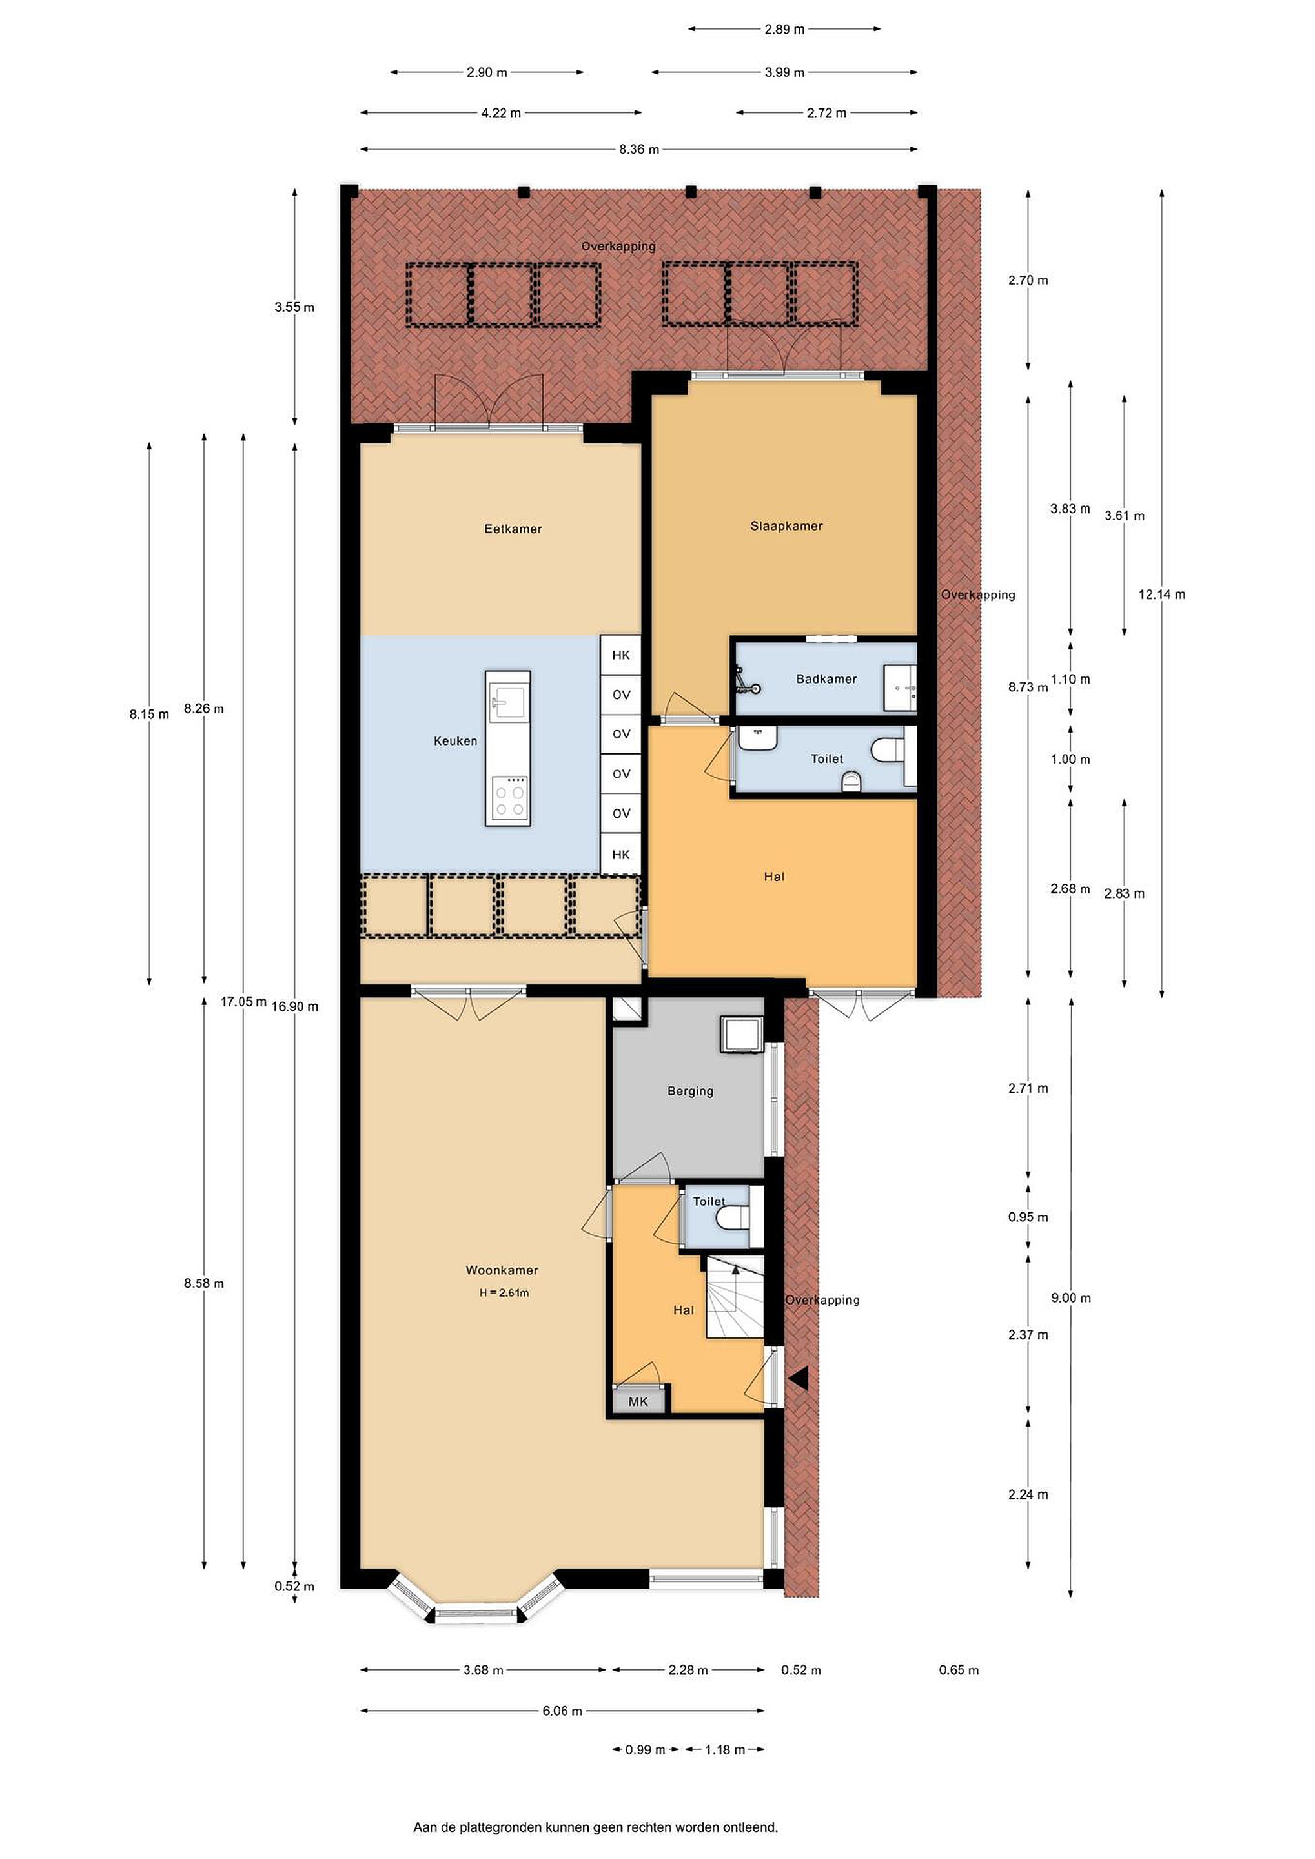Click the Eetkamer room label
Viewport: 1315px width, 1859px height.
coord(513,529)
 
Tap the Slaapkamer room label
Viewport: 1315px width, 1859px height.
coord(786,525)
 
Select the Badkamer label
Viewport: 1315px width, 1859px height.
coord(826,678)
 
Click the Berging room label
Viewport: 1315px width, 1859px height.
coord(690,1091)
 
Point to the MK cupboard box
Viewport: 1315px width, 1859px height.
coord(638,1401)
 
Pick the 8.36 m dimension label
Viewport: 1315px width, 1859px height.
coord(639,149)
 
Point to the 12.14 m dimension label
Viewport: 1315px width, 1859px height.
coord(1162,594)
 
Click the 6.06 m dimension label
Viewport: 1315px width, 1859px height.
coord(562,1711)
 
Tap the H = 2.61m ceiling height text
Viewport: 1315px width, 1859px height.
coord(504,1293)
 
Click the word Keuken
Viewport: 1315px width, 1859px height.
coord(455,741)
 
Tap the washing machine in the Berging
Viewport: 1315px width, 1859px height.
coord(742,1035)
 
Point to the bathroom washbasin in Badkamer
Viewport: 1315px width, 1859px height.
coord(900,688)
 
